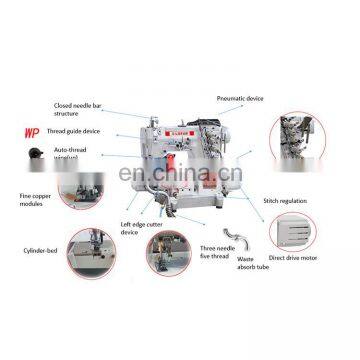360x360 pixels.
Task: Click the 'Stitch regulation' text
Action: tap(285, 200)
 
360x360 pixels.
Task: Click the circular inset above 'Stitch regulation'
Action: tap(301, 150)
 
